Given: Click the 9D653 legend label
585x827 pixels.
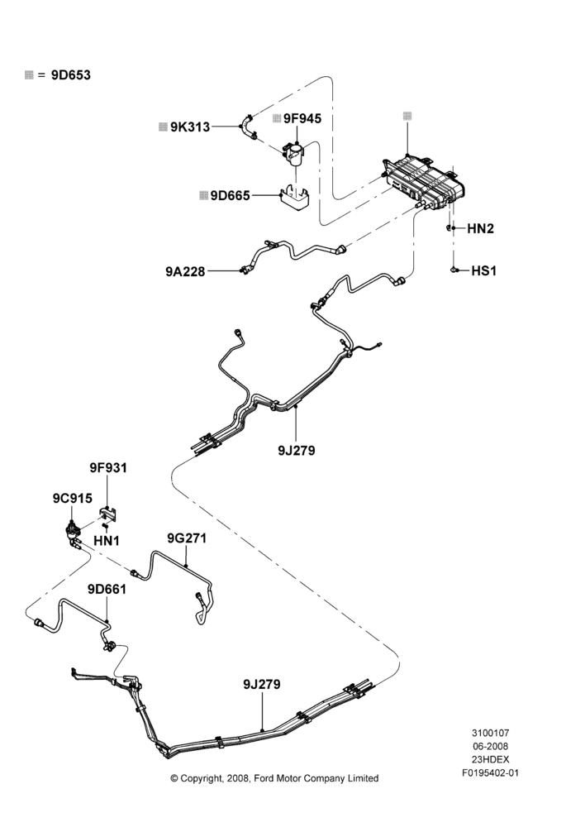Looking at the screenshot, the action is click(x=70, y=75).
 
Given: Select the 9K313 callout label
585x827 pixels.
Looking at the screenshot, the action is click(x=190, y=127).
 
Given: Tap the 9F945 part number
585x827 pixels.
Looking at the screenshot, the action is click(x=302, y=118).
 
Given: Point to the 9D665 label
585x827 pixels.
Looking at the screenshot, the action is click(x=230, y=196).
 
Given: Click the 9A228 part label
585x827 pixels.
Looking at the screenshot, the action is click(x=185, y=271).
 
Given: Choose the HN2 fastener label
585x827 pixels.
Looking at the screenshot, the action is click(x=480, y=228).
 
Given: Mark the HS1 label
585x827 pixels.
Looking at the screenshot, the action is click(x=483, y=270).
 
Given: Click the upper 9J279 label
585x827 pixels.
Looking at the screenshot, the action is click(x=296, y=451).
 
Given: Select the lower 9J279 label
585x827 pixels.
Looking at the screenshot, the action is click(x=261, y=685).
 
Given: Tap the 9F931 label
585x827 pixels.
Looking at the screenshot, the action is click(x=108, y=468).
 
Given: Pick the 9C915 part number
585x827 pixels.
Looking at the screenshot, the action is click(x=72, y=498).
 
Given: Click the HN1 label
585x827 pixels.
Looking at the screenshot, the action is click(x=107, y=541).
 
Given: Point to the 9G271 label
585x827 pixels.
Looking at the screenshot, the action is click(x=187, y=538).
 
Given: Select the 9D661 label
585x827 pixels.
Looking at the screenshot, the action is click(x=107, y=589).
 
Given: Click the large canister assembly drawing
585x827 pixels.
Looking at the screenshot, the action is click(x=424, y=182).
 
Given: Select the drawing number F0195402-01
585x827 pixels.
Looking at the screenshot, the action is click(x=490, y=773).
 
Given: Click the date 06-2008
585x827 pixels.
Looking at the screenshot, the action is click(x=490, y=746).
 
